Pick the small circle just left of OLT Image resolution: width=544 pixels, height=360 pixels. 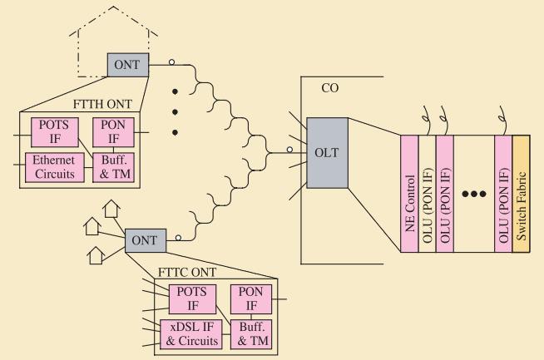pyautogui.click(x=289, y=150)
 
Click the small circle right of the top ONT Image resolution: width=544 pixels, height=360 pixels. pyautogui.click(x=171, y=61)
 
